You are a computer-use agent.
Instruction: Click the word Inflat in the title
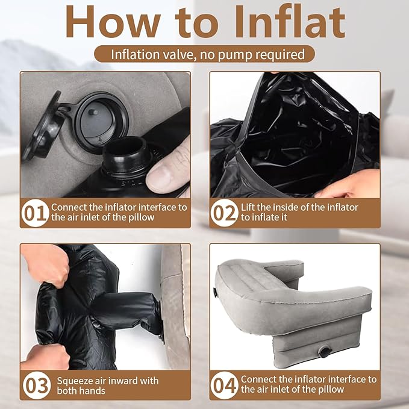tap(290, 22)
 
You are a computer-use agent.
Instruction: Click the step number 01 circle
tap(35, 213)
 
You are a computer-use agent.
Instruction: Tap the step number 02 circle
tap(224, 213)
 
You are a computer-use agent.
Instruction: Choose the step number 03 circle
tap(37, 386)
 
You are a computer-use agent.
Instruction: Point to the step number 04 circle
tap(224, 386)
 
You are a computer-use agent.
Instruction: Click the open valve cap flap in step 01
tap(43, 125)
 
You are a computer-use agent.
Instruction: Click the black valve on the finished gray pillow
tap(325, 351)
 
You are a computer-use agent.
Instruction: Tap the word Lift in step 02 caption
tap(247, 207)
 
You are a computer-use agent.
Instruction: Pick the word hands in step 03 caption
tap(93, 391)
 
